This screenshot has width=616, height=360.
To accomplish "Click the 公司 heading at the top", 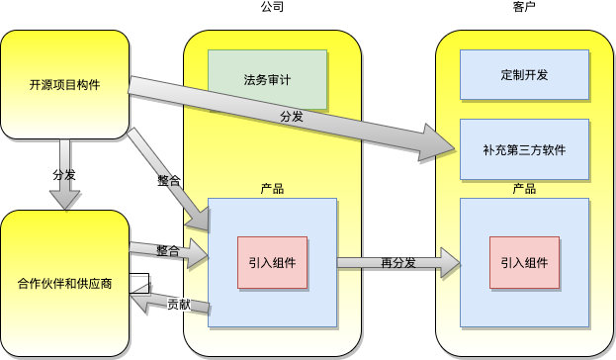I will coord(272,7).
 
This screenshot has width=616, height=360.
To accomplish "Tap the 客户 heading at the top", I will coord(525,7).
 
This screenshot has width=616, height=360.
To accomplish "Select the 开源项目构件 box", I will coord(65,84).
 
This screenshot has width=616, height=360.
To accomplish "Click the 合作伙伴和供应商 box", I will coord(65,283).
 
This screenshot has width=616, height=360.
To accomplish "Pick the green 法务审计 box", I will coord(267,77).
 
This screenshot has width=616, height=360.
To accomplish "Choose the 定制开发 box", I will coord(525,74).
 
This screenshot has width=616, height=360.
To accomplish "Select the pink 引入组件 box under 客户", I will coord(525,262).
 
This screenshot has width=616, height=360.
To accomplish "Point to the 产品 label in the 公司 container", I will coord(272,188).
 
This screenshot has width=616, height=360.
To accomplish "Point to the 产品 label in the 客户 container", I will coord(525,188).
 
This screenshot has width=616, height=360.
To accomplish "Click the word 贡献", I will coord(179,304).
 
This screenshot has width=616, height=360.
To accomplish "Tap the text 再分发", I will coord(397,262).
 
